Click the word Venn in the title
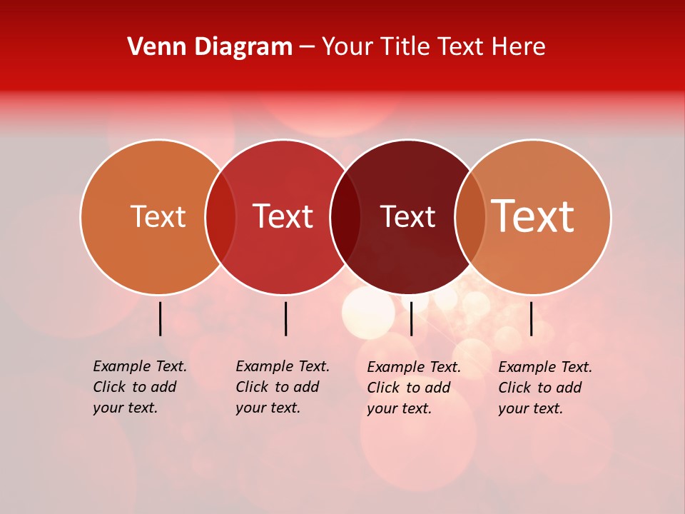tap(152, 47)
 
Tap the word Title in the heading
tap(402, 47)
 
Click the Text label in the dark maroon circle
tap(407, 217)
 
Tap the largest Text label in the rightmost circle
tap(533, 216)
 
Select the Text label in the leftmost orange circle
tap(158, 217)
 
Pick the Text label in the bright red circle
tap(283, 216)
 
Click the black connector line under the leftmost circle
tap(160, 318)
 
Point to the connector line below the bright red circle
tap(285, 318)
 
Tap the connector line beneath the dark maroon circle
tap(411, 318)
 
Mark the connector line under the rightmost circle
tap(531, 318)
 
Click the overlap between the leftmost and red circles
tap(220, 217)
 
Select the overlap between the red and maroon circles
tap(345, 217)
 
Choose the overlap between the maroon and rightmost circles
tap(470, 217)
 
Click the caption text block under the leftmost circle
tap(139, 387)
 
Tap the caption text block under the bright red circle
tap(282, 387)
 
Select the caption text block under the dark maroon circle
tap(413, 388)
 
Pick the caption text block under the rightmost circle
tap(544, 388)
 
